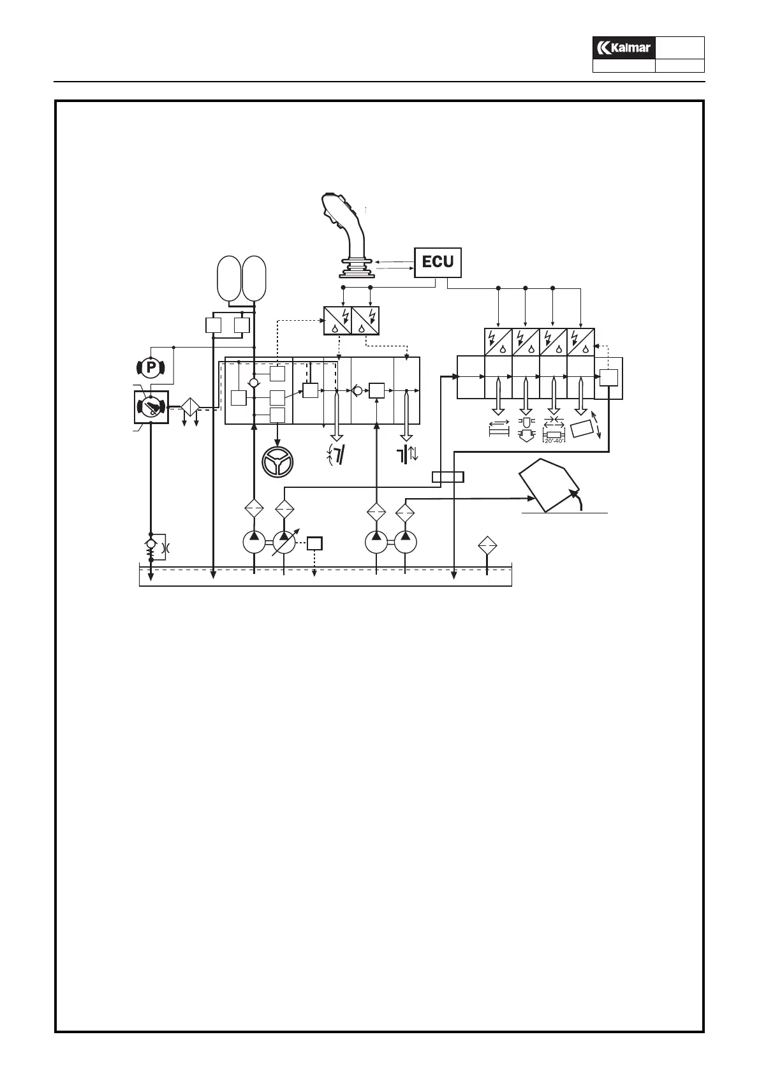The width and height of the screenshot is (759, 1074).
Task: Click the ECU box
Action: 438,262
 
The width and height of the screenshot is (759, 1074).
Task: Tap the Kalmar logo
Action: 623,48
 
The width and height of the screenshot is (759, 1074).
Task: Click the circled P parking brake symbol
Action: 151,367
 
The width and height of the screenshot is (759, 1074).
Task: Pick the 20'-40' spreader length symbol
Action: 554,431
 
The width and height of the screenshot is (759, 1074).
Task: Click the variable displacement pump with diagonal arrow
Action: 284,543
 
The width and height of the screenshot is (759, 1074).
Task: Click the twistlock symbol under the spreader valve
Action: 526,430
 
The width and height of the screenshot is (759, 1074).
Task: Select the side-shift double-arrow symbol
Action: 499,429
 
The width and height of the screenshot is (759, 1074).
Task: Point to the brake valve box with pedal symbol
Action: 151,407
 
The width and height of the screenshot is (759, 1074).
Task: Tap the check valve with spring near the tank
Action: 151,546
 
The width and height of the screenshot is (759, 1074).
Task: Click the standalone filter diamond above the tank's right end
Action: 487,545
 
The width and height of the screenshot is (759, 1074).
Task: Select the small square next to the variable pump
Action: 314,543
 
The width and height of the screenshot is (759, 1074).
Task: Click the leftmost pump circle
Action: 254,543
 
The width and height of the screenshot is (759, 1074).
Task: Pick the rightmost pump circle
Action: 405,543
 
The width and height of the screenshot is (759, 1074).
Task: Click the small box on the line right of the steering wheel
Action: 448,476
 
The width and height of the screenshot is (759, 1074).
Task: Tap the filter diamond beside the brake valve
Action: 191,407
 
